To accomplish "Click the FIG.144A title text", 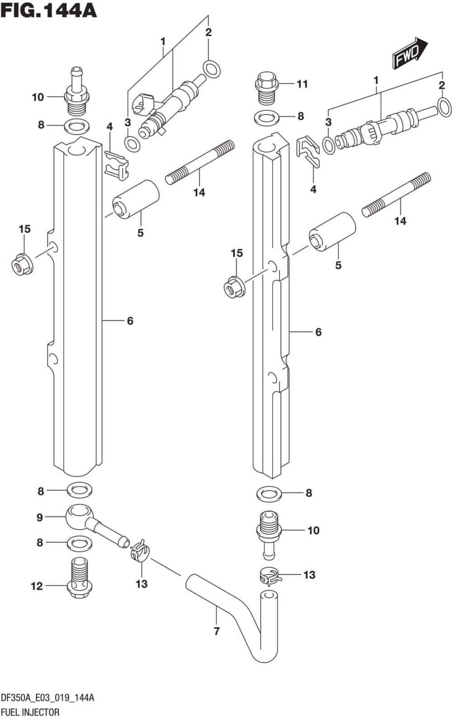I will [x=49, y=10].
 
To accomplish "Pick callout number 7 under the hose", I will [x=217, y=631].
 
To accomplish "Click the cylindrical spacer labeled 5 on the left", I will [x=136, y=198].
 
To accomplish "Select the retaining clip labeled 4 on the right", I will [x=308, y=151].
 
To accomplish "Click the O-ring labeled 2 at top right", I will [x=444, y=108].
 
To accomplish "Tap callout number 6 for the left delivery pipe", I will [x=130, y=321].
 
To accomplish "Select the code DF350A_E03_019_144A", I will [x=47, y=698].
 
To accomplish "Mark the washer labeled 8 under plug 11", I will [x=266, y=118].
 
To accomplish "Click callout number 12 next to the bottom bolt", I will [x=37, y=586].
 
